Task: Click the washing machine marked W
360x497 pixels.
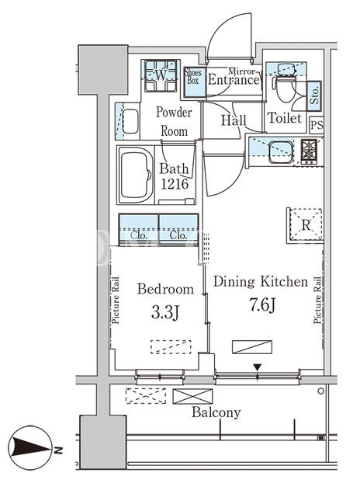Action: [161, 75]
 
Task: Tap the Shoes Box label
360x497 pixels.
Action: [193, 76]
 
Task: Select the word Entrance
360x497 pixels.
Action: [234, 79]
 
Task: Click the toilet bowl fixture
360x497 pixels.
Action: [286, 88]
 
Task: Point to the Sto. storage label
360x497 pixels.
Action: [314, 96]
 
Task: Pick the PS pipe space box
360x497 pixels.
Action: [317, 125]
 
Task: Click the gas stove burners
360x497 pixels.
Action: [309, 151]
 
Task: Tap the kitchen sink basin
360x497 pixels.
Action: [281, 152]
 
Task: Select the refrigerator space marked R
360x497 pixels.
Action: [306, 224]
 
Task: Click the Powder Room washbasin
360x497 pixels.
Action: [130, 121]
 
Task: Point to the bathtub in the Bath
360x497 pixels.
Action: [136, 175]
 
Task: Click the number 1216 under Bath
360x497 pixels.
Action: [175, 184]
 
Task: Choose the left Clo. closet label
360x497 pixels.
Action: [139, 235]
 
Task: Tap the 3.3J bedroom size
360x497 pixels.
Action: [165, 313]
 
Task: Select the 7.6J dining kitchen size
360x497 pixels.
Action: [262, 305]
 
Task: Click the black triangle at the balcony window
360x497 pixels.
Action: [257, 367]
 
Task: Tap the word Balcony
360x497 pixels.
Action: [216, 412]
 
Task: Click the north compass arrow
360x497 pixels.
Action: [30, 447]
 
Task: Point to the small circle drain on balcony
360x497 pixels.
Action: [321, 391]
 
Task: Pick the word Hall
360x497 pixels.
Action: [234, 120]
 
